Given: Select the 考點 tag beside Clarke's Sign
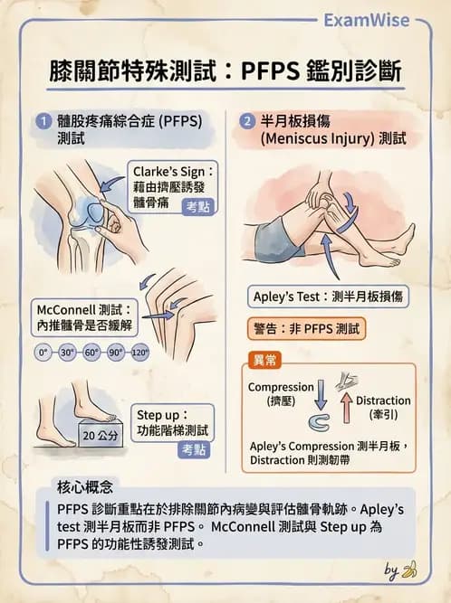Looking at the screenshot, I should click(x=197, y=207).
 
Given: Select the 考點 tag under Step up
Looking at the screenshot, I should click(x=194, y=448).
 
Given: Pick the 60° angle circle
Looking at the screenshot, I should click(x=91, y=353).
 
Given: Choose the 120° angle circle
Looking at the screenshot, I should click(x=139, y=353).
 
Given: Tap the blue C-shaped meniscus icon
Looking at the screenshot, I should click(x=320, y=423).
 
